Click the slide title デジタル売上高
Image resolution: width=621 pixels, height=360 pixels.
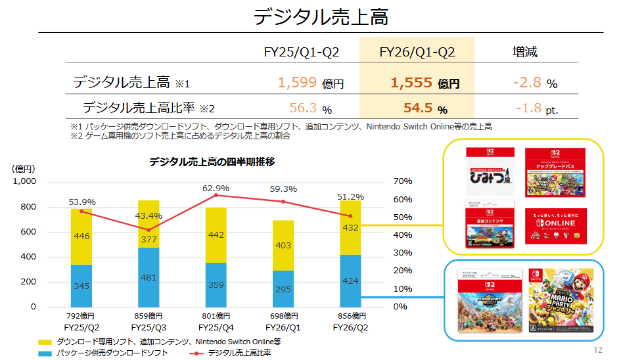pos(321,16)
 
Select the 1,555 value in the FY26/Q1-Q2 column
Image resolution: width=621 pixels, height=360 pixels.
pos(411,83)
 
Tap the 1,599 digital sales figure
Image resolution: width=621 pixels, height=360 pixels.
pos(299,83)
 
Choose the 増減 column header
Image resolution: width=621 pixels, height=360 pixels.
pos(524,52)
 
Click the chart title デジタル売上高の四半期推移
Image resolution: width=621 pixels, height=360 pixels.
pos(212,162)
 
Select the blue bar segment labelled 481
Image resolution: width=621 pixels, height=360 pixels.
pos(149,277)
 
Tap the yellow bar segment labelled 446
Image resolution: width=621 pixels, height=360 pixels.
pos(81,236)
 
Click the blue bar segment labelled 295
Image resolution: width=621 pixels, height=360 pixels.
pos(283,289)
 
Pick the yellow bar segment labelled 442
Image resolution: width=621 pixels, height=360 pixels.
pos(216,235)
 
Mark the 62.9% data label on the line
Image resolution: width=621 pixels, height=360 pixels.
pos(216,188)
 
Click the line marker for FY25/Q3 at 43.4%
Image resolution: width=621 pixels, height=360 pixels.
pos(149,230)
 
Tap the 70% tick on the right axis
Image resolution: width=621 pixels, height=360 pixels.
pos(402,181)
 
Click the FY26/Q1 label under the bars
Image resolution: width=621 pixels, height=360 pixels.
pos(283,327)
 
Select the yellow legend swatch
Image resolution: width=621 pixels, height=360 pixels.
pos(44,342)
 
